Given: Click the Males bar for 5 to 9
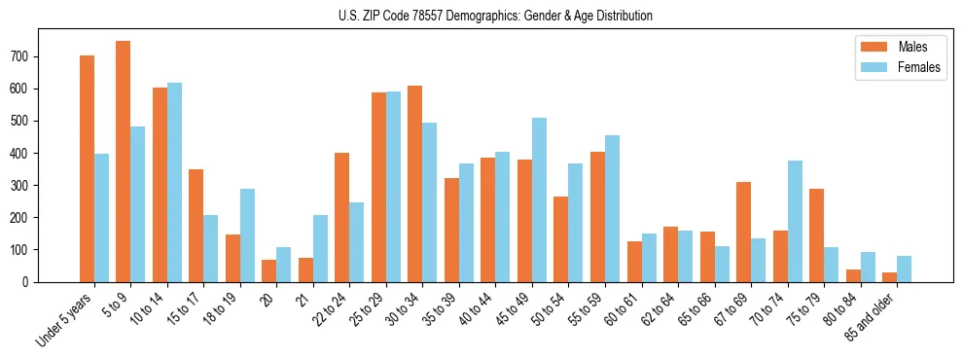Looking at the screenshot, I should (x=124, y=162).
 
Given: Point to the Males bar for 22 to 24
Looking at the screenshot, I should (x=342, y=217).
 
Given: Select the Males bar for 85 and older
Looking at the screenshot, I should (x=889, y=276).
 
